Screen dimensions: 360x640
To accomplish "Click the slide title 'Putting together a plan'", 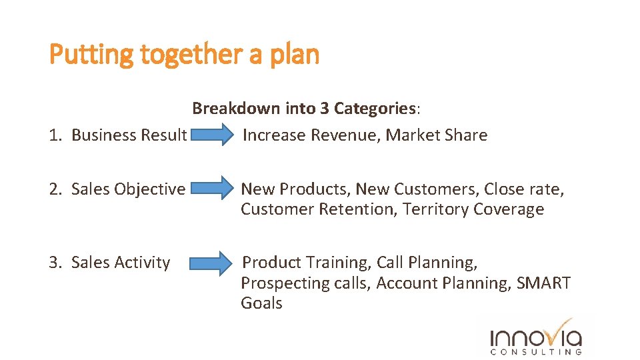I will [185, 54].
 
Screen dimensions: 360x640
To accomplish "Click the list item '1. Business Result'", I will [118, 135].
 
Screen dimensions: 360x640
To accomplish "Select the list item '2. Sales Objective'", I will [117, 189].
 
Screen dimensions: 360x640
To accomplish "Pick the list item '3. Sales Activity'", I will [109, 263].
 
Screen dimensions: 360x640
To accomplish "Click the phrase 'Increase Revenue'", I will [311, 135].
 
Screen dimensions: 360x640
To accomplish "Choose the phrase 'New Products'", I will [295, 189].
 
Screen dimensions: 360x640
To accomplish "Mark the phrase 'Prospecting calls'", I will [304, 283].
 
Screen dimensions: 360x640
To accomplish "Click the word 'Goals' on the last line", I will [261, 303].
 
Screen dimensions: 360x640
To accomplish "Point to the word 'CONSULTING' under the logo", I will [536, 351].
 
